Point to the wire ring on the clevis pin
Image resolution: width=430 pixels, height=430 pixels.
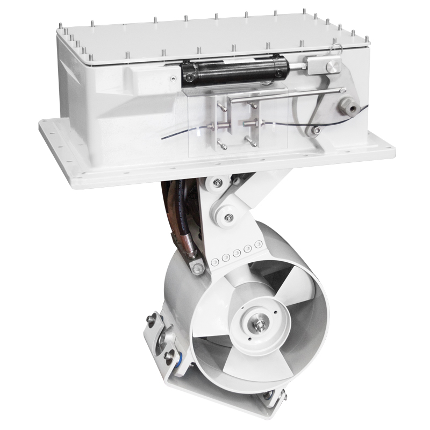(x=336, y=50)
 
